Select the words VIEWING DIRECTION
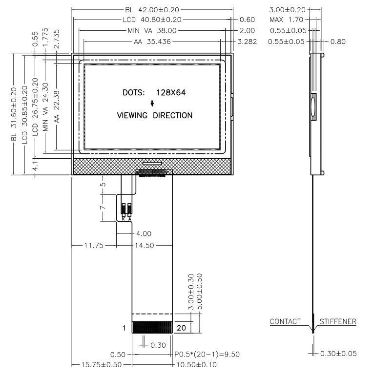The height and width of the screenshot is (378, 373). [154, 116]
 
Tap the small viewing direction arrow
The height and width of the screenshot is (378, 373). [152, 103]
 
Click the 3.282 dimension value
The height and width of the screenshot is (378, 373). [246, 42]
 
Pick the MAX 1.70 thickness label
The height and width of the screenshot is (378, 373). [286, 20]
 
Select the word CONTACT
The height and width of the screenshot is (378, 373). [285, 321]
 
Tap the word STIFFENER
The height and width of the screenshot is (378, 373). [338, 321]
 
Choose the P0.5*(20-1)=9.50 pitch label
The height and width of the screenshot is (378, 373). [207, 354]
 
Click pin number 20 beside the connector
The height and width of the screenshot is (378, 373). [181, 328]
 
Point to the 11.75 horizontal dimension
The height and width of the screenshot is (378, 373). [94, 246]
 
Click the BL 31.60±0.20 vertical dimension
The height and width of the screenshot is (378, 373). [14, 114]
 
